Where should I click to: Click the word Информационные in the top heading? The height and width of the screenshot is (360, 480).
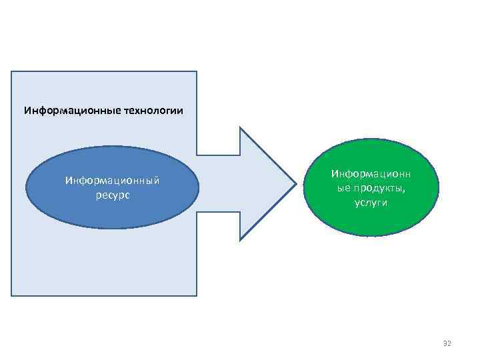[71, 110]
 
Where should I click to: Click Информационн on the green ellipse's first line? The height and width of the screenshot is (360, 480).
[371, 174]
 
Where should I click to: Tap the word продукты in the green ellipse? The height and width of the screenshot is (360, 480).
[381, 188]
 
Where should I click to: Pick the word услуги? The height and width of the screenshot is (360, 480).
[371, 202]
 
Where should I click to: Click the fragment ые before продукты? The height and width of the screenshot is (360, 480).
[345, 188]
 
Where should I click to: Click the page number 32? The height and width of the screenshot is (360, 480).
[447, 343]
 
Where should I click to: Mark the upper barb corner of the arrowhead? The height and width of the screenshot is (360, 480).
[240, 127]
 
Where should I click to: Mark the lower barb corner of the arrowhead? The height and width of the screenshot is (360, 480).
[240, 239]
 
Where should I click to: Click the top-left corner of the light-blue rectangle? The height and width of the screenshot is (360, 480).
[11, 71]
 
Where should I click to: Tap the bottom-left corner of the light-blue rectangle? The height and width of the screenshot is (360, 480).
[11, 295]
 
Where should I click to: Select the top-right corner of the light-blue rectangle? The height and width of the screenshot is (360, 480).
[197, 71]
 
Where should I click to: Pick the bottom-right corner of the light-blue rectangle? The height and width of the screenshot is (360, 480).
[197, 295]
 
